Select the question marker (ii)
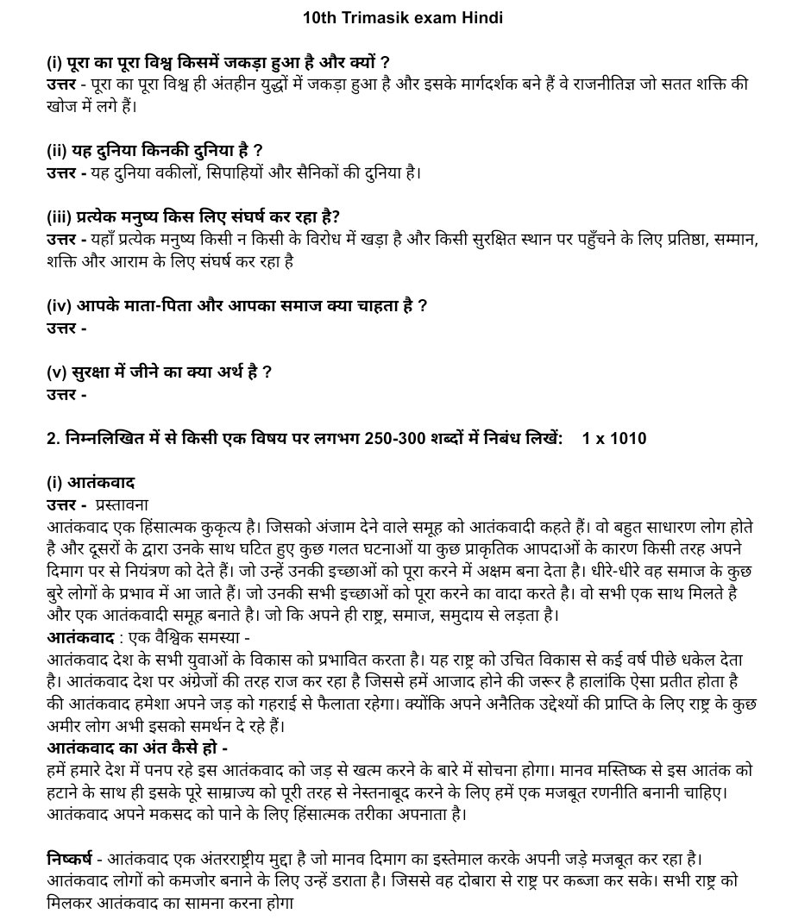coord(58,151)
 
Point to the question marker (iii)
coord(60,216)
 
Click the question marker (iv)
coord(60,305)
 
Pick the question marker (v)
coord(58,372)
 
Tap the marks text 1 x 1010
coord(614,439)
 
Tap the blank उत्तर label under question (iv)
coord(66,328)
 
